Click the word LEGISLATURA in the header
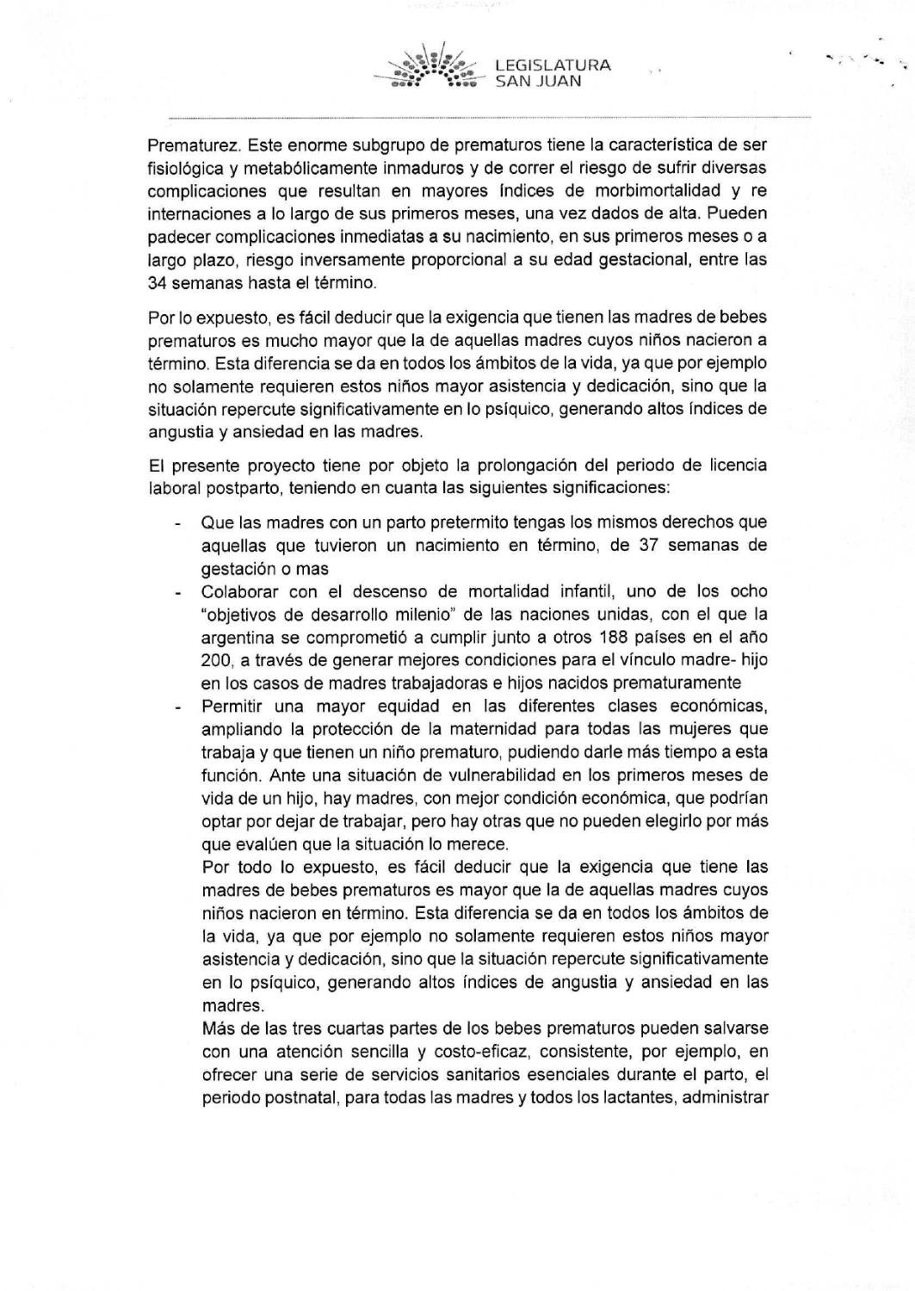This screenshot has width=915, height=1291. pyautogui.click(x=553, y=65)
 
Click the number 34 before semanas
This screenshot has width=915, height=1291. pyautogui.click(x=158, y=282)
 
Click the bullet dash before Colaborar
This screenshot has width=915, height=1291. pyautogui.click(x=177, y=592)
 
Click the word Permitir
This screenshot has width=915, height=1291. pyautogui.click(x=232, y=707)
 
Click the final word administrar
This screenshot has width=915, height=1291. pyautogui.click(x=725, y=1097)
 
